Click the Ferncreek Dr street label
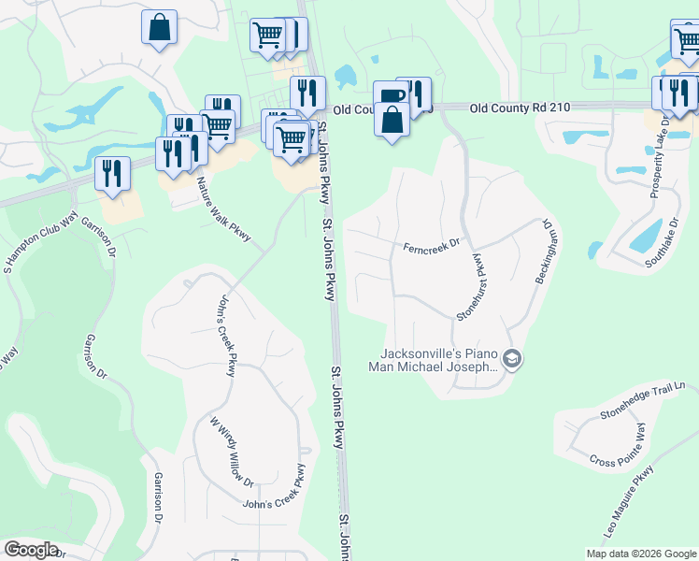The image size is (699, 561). [x=432, y=247]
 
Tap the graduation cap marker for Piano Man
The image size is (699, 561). [x=511, y=358]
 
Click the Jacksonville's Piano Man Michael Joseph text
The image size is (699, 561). [x=439, y=360]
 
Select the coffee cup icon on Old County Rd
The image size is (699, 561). [x=391, y=95]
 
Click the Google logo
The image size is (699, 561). [x=31, y=550]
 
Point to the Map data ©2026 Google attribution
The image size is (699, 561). [x=641, y=554]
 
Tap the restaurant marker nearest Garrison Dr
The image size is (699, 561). [x=112, y=173]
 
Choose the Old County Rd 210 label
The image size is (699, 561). [x=520, y=108]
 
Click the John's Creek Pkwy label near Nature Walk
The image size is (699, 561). [x=225, y=336]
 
